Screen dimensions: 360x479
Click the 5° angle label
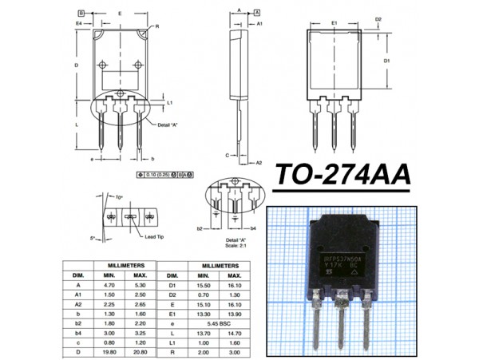pyautogui.click(x=93, y=238)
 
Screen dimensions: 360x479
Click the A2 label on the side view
pyautogui.click(x=259, y=162)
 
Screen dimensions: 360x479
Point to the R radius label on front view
pyautogui.click(x=158, y=26)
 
